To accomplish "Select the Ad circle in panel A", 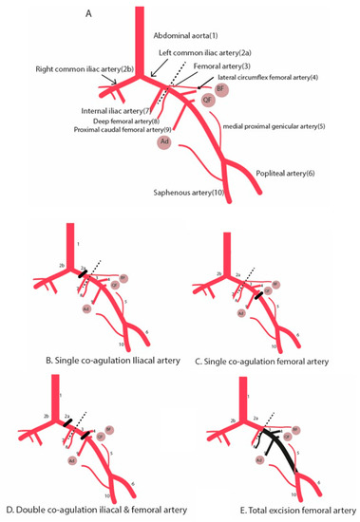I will point(164,141).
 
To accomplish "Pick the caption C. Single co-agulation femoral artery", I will point(273,361).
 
